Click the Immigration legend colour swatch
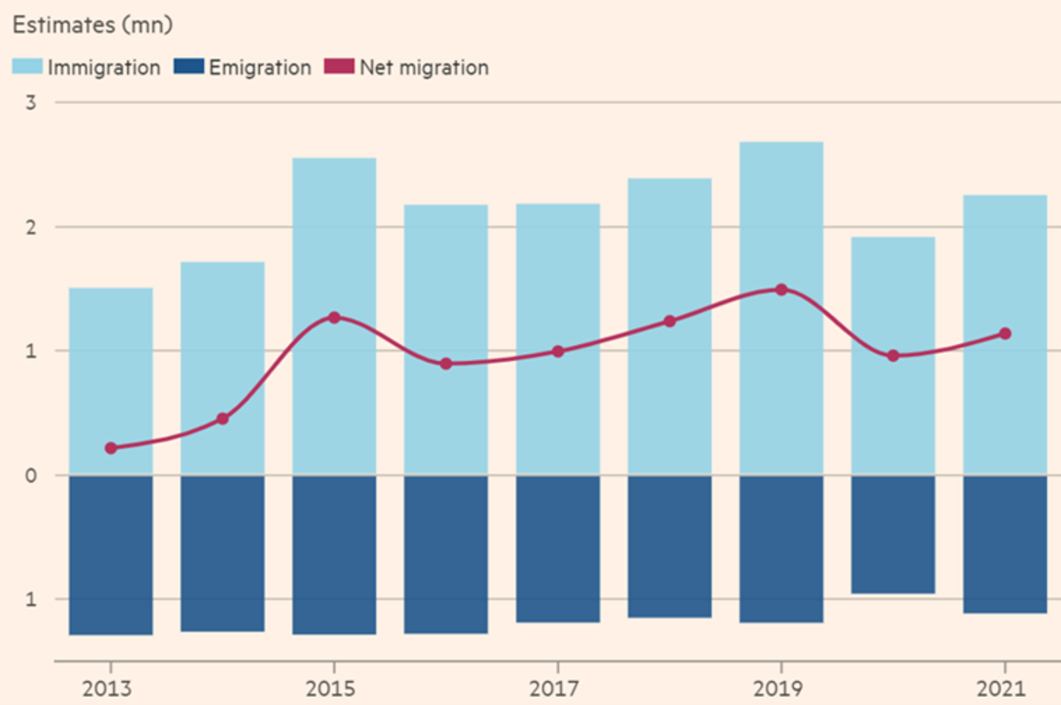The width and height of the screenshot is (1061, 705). click(27, 67)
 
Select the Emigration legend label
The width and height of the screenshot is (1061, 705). click(260, 67)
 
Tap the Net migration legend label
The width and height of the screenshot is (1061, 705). click(424, 67)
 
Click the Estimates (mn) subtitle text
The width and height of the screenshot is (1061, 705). click(91, 25)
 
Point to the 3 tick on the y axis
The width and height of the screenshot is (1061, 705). click(32, 103)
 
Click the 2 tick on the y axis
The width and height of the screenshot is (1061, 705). click(32, 227)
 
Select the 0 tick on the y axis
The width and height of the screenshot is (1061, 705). click(32, 475)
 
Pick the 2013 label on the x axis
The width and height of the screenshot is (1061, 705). click(111, 688)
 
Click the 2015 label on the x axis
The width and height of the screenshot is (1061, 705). click(334, 688)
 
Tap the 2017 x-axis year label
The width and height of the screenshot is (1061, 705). click(558, 688)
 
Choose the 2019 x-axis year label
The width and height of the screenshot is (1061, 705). click(782, 688)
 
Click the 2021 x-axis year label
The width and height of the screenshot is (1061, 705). click(1005, 688)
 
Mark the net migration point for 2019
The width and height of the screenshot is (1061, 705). click(782, 289)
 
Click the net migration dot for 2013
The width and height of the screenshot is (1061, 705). click(111, 448)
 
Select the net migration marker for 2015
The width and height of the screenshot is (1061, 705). click(334, 318)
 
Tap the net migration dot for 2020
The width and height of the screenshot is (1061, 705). click(893, 356)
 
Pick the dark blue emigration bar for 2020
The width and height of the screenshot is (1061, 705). click(893, 534)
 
